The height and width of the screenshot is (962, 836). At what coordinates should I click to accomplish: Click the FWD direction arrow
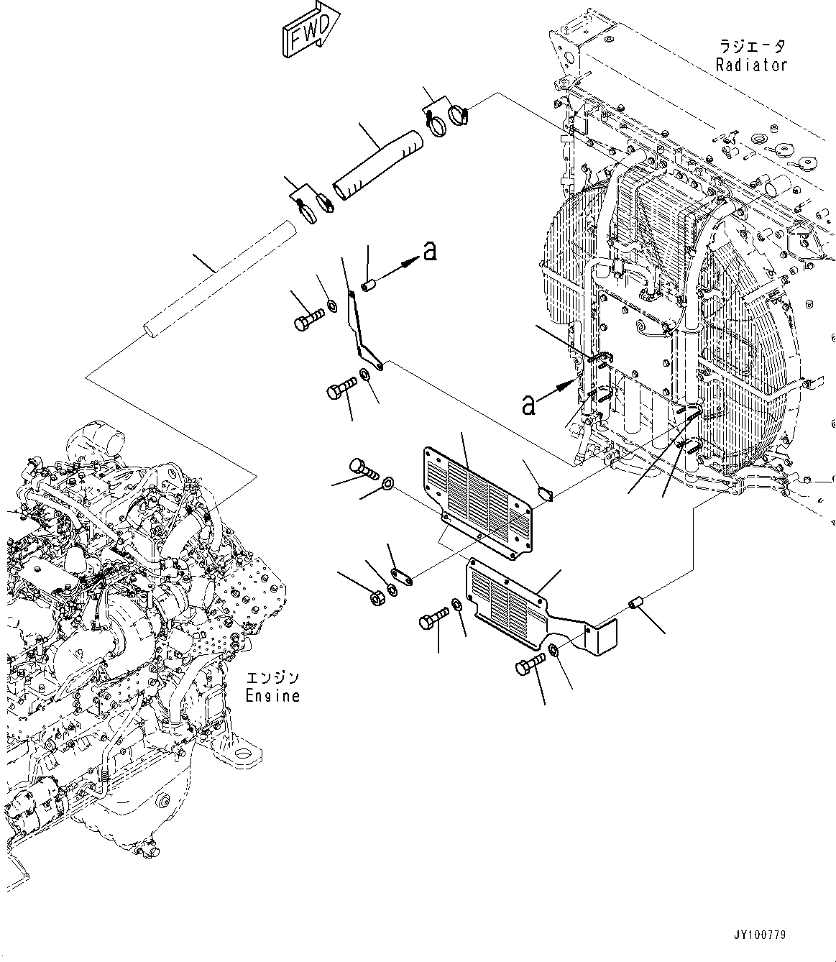pos(310,30)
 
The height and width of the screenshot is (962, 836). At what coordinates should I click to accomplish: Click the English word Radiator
pos(751,65)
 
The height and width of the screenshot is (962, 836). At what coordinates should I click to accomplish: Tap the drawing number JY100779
pos(759,935)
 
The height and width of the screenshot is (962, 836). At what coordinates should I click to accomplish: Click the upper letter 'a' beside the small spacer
pos(430,251)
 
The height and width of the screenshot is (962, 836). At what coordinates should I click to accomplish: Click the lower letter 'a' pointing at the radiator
pos(528,406)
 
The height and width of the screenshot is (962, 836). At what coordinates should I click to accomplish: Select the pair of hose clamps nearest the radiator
pos(446,116)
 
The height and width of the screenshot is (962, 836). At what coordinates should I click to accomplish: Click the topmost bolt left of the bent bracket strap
pos(306,320)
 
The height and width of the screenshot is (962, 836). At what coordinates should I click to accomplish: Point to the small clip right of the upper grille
pos(545,493)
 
